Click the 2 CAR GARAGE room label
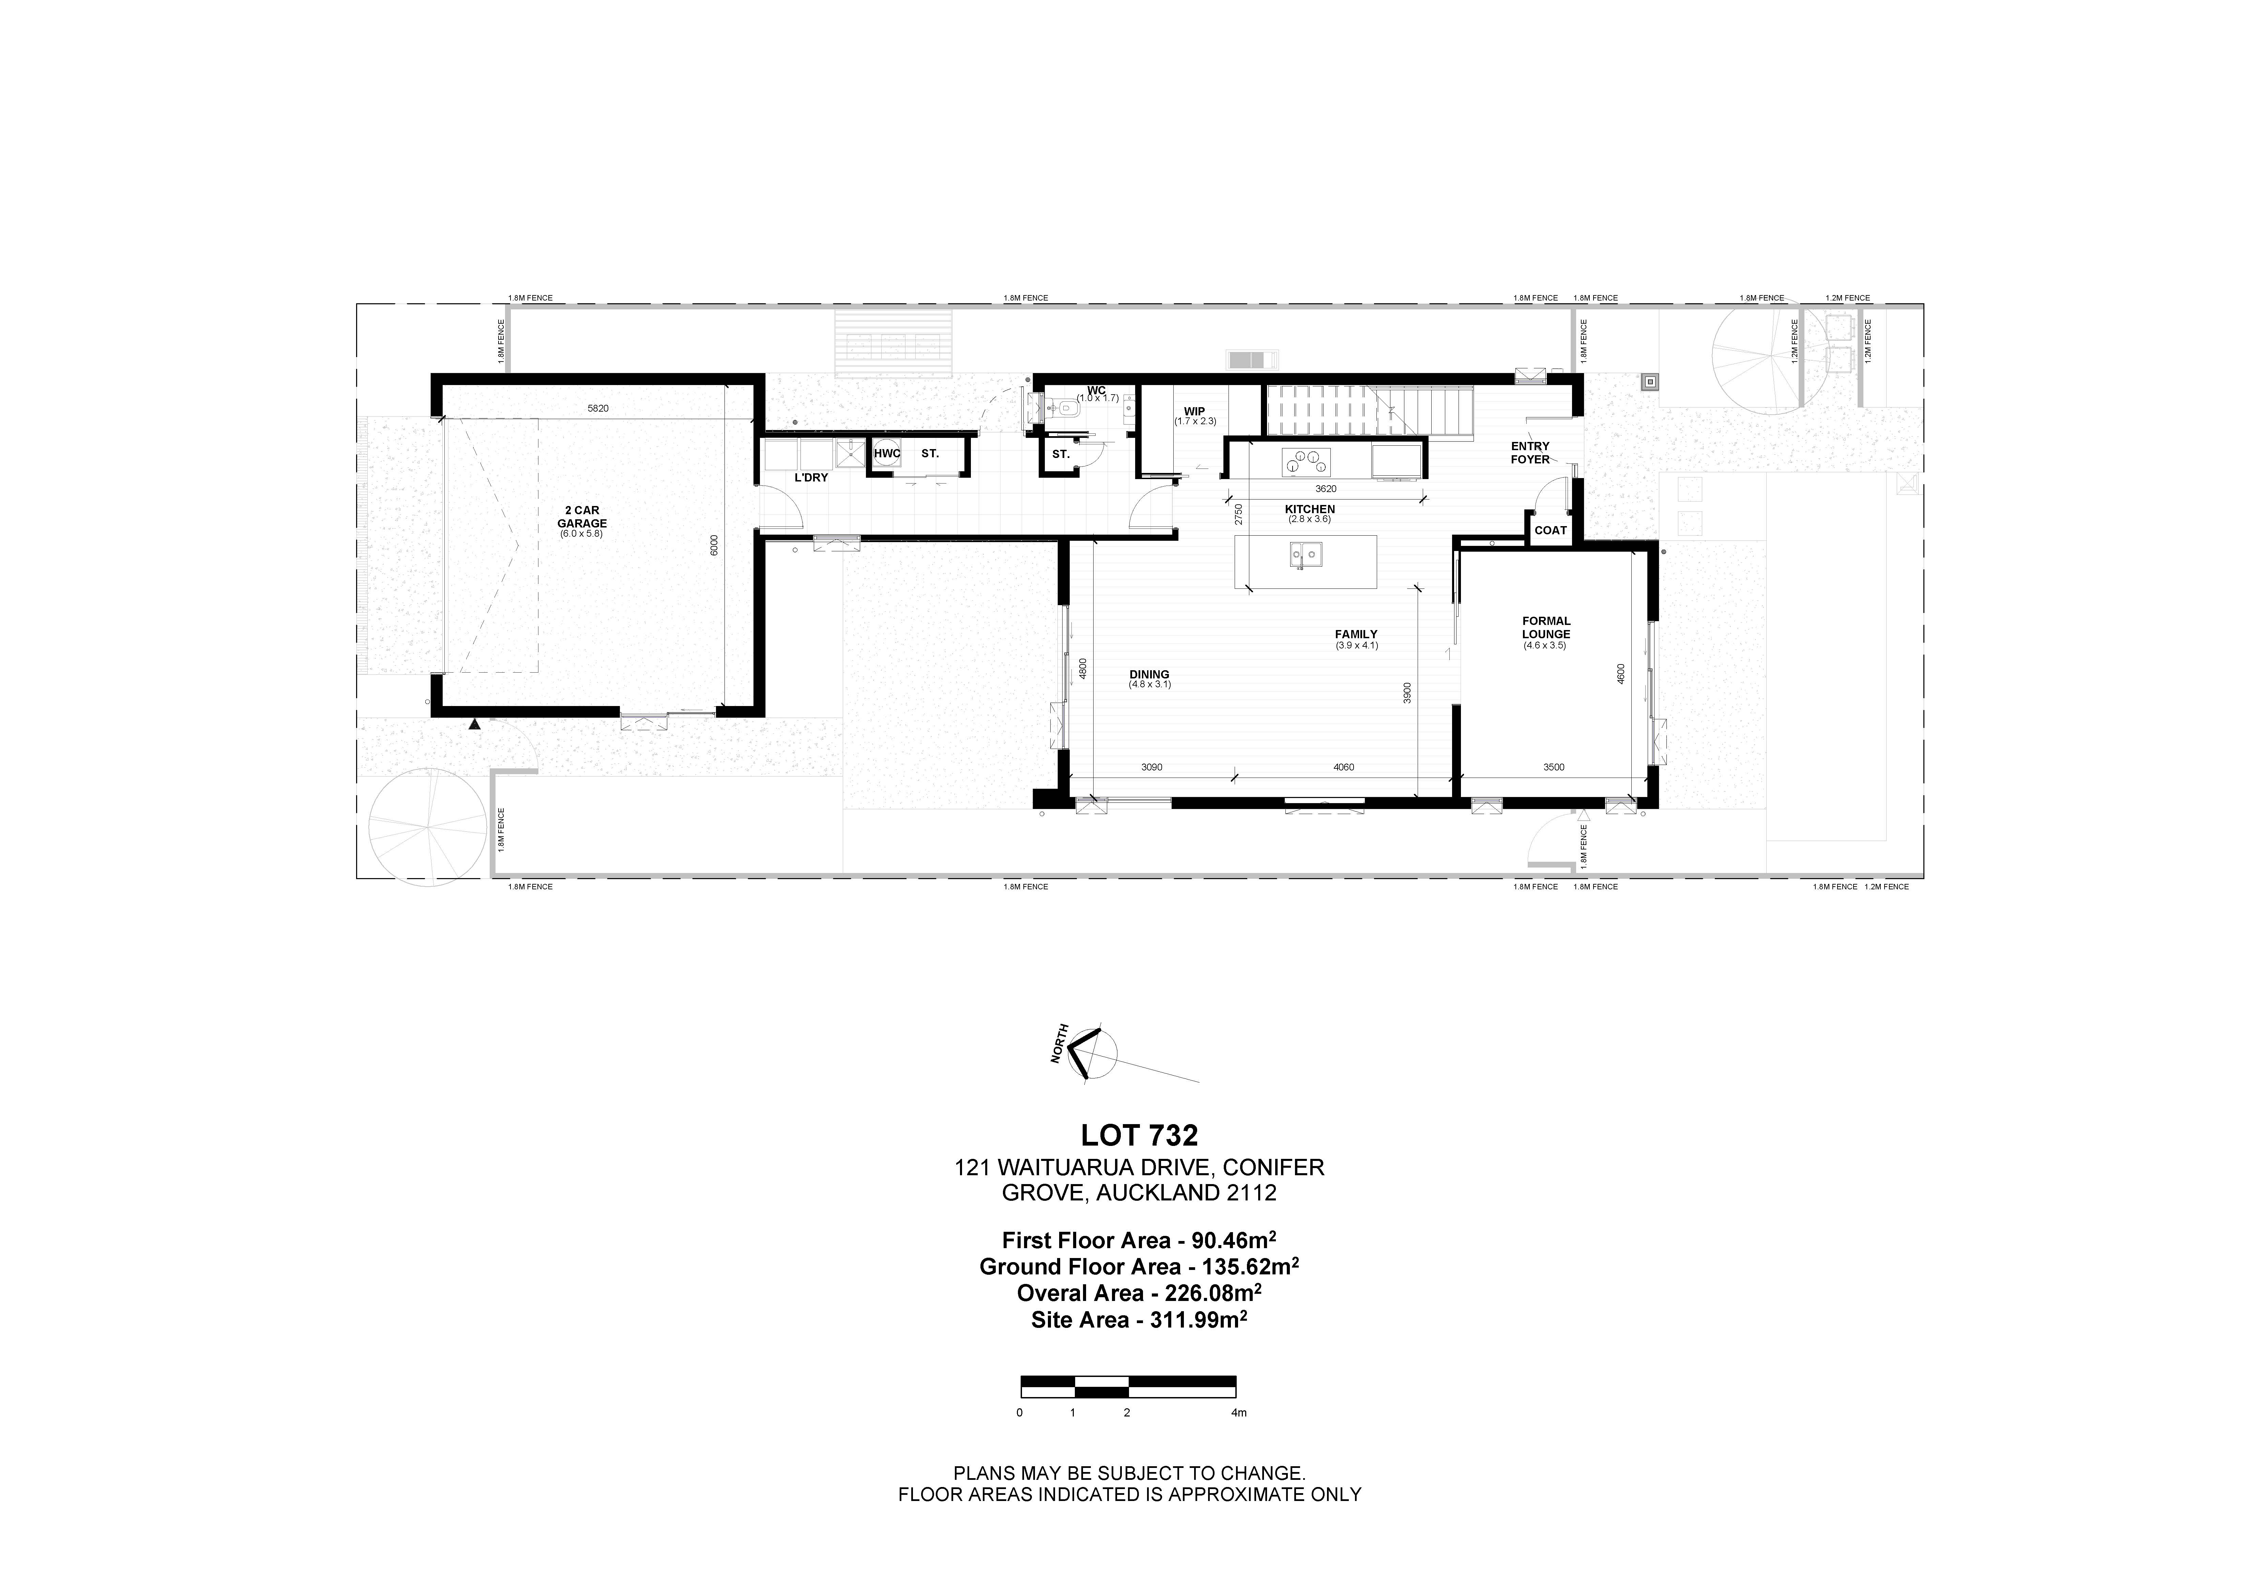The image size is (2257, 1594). pos(582,517)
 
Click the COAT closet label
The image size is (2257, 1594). pos(1550,531)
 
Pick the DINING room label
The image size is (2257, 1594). pos(1149,675)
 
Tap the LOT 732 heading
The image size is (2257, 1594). pos(1139,1136)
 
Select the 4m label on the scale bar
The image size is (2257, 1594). pos(1239,1413)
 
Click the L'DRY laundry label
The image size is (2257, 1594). pos(811,478)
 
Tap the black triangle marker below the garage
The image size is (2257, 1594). pos(475,724)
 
